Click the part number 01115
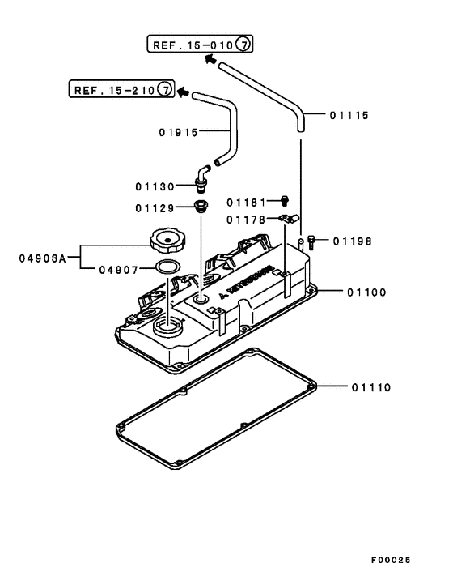pyautogui.click(x=349, y=116)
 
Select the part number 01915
pyautogui.click(x=178, y=132)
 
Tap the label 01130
pyautogui.click(x=156, y=186)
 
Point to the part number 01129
pyautogui.click(x=155, y=207)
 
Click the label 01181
pyautogui.click(x=246, y=201)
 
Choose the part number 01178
pyautogui.click(x=246, y=219)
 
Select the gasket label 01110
pyautogui.click(x=371, y=387)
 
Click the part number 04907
pyautogui.click(x=119, y=269)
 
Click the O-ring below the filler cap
pyautogui.click(x=167, y=269)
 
